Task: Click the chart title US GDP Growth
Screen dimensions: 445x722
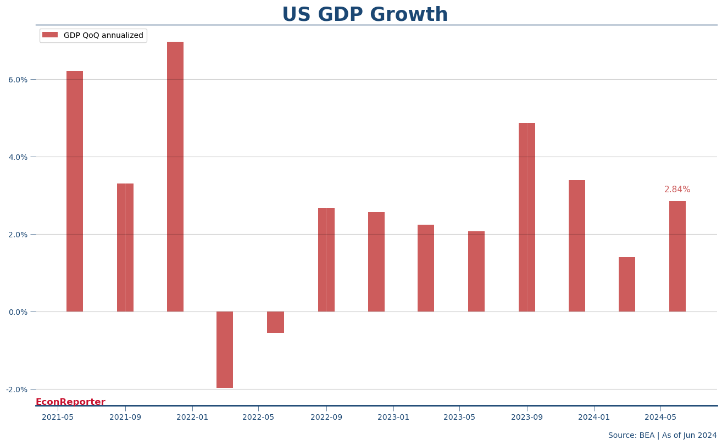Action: pyautogui.click(x=365, y=15)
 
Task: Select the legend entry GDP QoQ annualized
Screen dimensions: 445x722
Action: pyautogui.click(x=103, y=36)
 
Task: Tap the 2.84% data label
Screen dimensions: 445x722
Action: pyautogui.click(x=677, y=190)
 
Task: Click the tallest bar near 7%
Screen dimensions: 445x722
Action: pyautogui.click(x=175, y=176)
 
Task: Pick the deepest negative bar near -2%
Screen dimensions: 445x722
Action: pyautogui.click(x=225, y=349)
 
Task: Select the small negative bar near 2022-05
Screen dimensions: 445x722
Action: pyautogui.click(x=275, y=322)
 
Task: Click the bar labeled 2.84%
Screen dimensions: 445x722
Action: pyautogui.click(x=677, y=256)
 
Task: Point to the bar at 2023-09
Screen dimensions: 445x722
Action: pyautogui.click(x=527, y=217)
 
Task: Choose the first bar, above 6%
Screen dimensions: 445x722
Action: pyautogui.click(x=75, y=191)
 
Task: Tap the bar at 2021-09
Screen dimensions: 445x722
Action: pyautogui.click(x=125, y=247)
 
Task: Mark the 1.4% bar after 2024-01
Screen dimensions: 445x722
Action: pyautogui.click(x=627, y=284)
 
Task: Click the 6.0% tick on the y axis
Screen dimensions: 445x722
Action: pyautogui.click(x=18, y=80)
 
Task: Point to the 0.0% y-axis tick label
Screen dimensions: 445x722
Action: pyautogui.click(x=18, y=312)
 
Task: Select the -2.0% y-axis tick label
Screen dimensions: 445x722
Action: pyautogui.click(x=16, y=390)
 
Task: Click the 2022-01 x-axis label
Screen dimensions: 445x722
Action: pyautogui.click(x=192, y=418)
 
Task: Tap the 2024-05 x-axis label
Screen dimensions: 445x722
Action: pyautogui.click(x=660, y=418)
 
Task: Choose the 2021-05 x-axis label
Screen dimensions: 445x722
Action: pyautogui.click(x=58, y=418)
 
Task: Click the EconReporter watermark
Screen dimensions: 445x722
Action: pyautogui.click(x=70, y=402)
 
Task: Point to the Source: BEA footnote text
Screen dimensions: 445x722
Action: pyautogui.click(x=662, y=436)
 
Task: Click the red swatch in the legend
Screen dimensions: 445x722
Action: pyautogui.click(x=50, y=35)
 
